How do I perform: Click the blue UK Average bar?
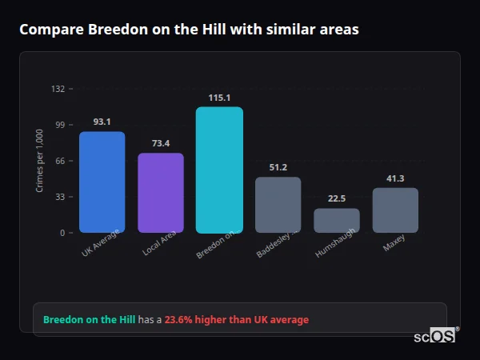[102, 182]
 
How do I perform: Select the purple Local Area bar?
[161, 193]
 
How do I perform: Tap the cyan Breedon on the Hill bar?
[219, 170]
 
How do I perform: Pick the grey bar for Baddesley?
[278, 205]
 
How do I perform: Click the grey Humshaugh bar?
[336, 221]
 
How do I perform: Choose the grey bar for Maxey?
[395, 210]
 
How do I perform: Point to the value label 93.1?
[102, 122]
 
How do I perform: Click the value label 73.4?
[161, 143]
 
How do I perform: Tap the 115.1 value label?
[219, 98]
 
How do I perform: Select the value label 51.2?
[278, 167]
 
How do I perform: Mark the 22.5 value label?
[336, 198]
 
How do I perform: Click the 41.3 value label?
[395, 178]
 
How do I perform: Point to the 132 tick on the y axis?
[58, 89]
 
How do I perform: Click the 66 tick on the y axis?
[60, 161]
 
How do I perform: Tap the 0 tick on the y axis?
[62, 233]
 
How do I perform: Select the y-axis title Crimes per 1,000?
[40, 161]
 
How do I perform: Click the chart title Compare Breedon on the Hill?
[189, 30]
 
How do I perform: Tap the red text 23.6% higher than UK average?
[236, 320]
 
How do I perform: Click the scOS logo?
[434, 336]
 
